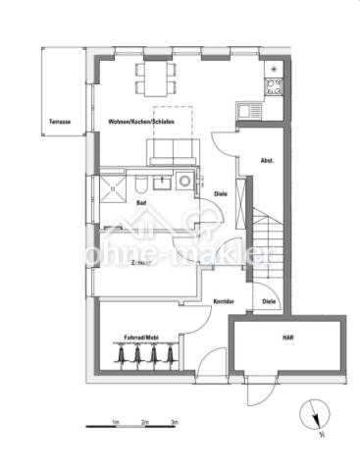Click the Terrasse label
(x=59, y=123)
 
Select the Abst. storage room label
(x=266, y=160)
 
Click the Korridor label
(x=224, y=301)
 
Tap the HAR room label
(x=287, y=338)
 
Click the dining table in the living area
(x=157, y=78)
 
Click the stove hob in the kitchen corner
(x=275, y=86)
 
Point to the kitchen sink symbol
(x=248, y=111)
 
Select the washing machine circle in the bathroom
(x=183, y=183)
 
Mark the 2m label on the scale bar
(x=145, y=421)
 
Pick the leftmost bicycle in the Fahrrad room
(x=126, y=355)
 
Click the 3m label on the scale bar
(x=175, y=421)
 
